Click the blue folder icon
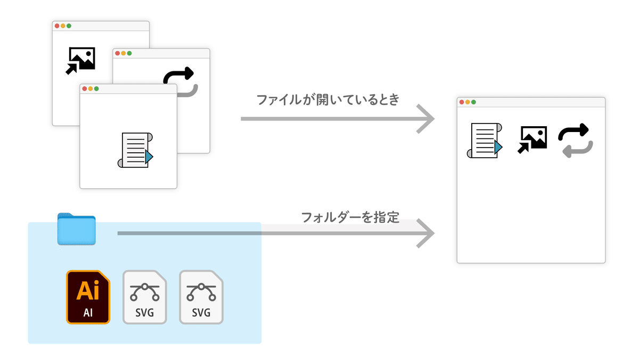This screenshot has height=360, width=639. pyautogui.click(x=76, y=230)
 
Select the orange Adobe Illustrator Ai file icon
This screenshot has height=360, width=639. pyautogui.click(x=88, y=297)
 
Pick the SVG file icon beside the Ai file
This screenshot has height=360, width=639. pyautogui.click(x=144, y=297)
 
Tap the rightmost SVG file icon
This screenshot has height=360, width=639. pyautogui.click(x=201, y=297)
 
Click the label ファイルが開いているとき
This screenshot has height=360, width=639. pyautogui.click(x=327, y=100)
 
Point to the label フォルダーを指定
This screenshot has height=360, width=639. pyautogui.click(x=350, y=217)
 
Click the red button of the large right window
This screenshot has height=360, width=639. pyautogui.click(x=461, y=102)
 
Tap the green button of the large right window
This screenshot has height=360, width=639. pyautogui.click(x=473, y=102)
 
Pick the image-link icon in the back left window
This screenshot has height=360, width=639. pyautogui.click(x=81, y=60)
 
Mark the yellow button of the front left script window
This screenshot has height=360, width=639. pyautogui.click(x=90, y=88)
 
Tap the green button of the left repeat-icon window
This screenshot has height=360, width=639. pyautogui.click(x=129, y=53)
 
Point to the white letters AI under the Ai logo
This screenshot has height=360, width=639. pyautogui.click(x=88, y=313)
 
